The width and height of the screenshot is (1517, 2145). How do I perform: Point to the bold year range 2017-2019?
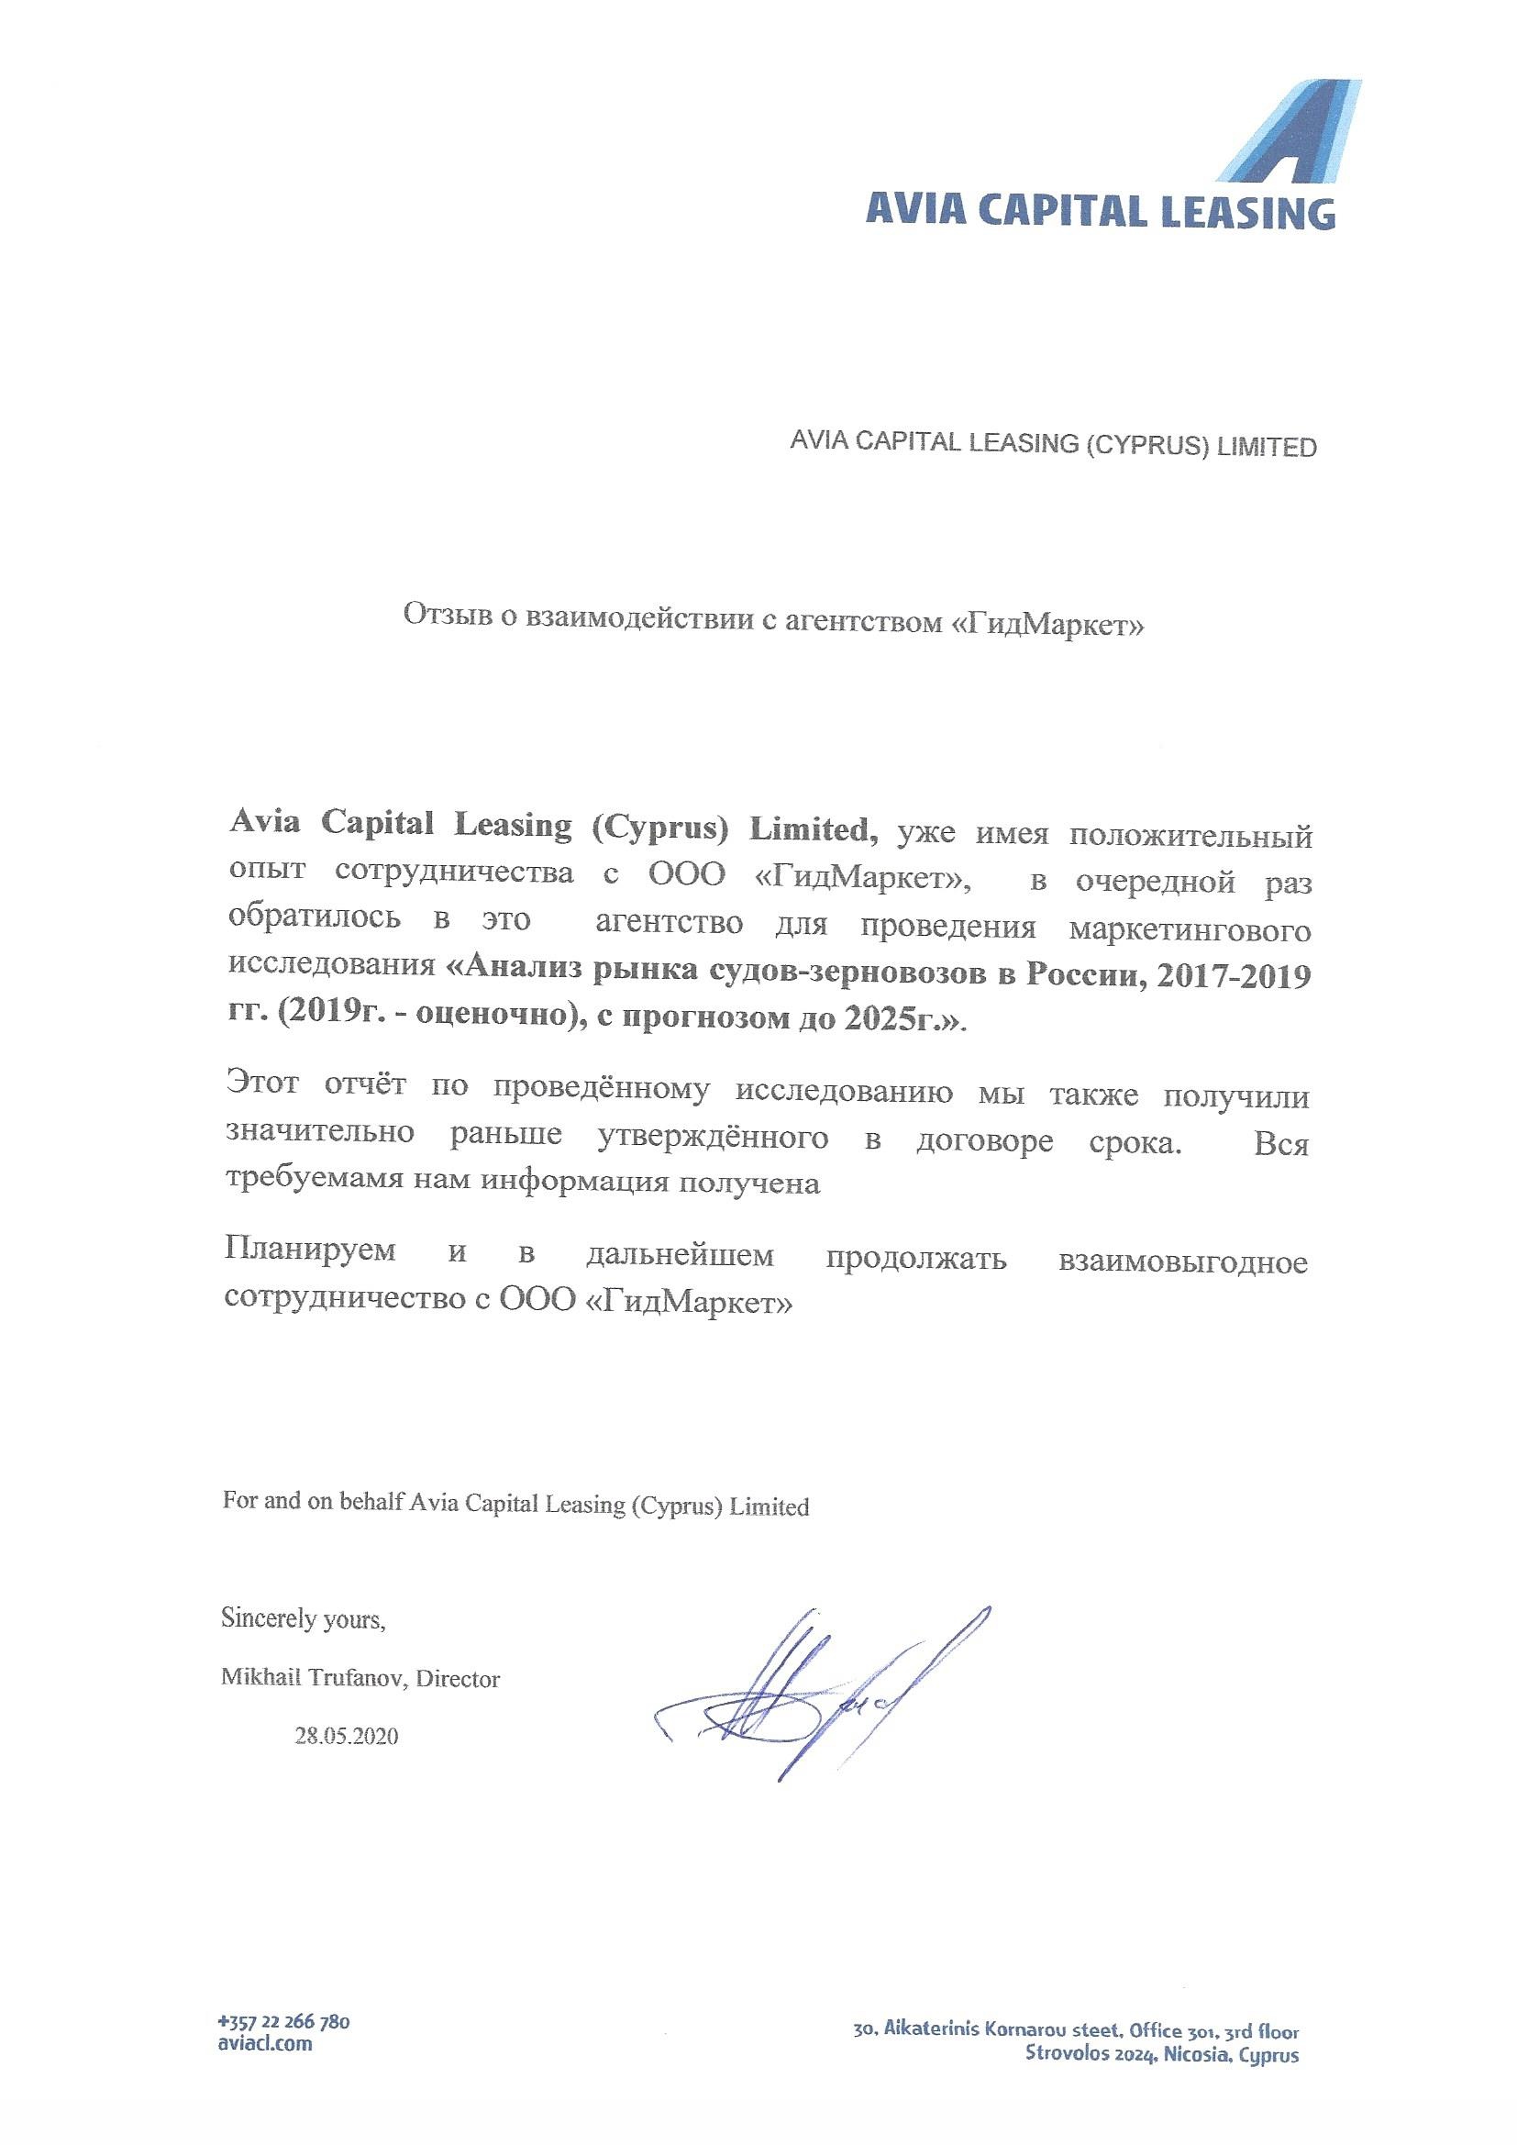pyautogui.click(x=1234, y=976)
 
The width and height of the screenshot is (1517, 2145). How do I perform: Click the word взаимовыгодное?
pyautogui.click(x=1182, y=1262)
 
